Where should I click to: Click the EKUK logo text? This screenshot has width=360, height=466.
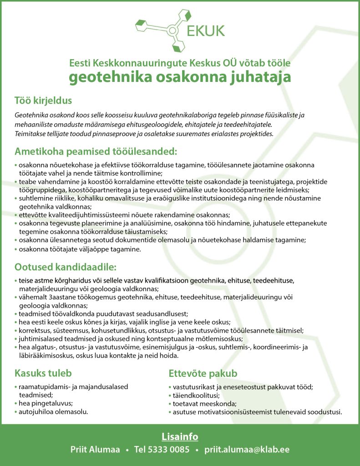click(205, 30)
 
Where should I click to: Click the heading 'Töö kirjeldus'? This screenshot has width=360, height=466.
click(43, 100)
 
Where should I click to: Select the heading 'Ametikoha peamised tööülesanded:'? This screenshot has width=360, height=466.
click(96, 151)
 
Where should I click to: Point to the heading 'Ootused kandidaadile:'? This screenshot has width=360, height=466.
click(66, 266)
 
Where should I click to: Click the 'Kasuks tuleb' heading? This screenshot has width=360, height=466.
click(43, 373)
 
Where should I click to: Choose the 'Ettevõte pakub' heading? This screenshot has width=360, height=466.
click(203, 374)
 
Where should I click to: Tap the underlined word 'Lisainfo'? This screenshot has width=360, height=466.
click(180, 437)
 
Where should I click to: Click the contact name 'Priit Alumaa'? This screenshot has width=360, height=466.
click(95, 450)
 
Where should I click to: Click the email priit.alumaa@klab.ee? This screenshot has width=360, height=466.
click(247, 450)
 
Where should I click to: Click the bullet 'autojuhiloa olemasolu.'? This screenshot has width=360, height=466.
click(53, 411)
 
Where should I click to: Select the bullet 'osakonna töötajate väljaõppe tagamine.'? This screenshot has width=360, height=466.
click(80, 249)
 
